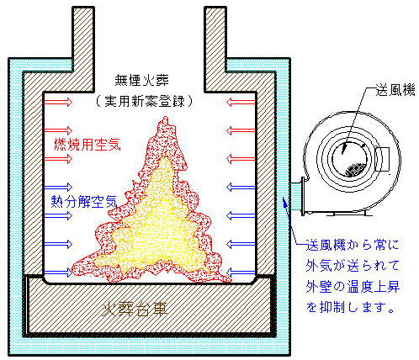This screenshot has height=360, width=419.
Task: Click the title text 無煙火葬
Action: (141, 81)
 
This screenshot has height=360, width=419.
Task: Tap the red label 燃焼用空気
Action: (88, 145)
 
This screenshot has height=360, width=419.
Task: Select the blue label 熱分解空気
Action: (84, 201)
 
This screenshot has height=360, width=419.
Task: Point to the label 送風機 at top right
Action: (395, 91)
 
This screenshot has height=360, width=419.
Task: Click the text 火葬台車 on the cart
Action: (135, 310)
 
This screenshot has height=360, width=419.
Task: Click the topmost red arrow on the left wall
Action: (58, 102)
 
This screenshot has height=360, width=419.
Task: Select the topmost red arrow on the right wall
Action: (241, 102)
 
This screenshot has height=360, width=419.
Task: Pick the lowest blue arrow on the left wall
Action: (58, 272)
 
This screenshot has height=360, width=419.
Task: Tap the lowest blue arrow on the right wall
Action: (241, 272)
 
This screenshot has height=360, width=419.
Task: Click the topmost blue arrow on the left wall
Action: (58, 187)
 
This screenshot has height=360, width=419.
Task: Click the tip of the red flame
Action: (164, 118)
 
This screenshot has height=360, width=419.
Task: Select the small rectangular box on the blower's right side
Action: (382, 159)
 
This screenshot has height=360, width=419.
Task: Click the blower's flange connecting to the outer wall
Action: (303, 196)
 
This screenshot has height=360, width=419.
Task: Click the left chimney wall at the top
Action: (83, 49)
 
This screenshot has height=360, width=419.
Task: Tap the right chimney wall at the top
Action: (215, 49)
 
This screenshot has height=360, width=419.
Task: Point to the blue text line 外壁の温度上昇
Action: (353, 287)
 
